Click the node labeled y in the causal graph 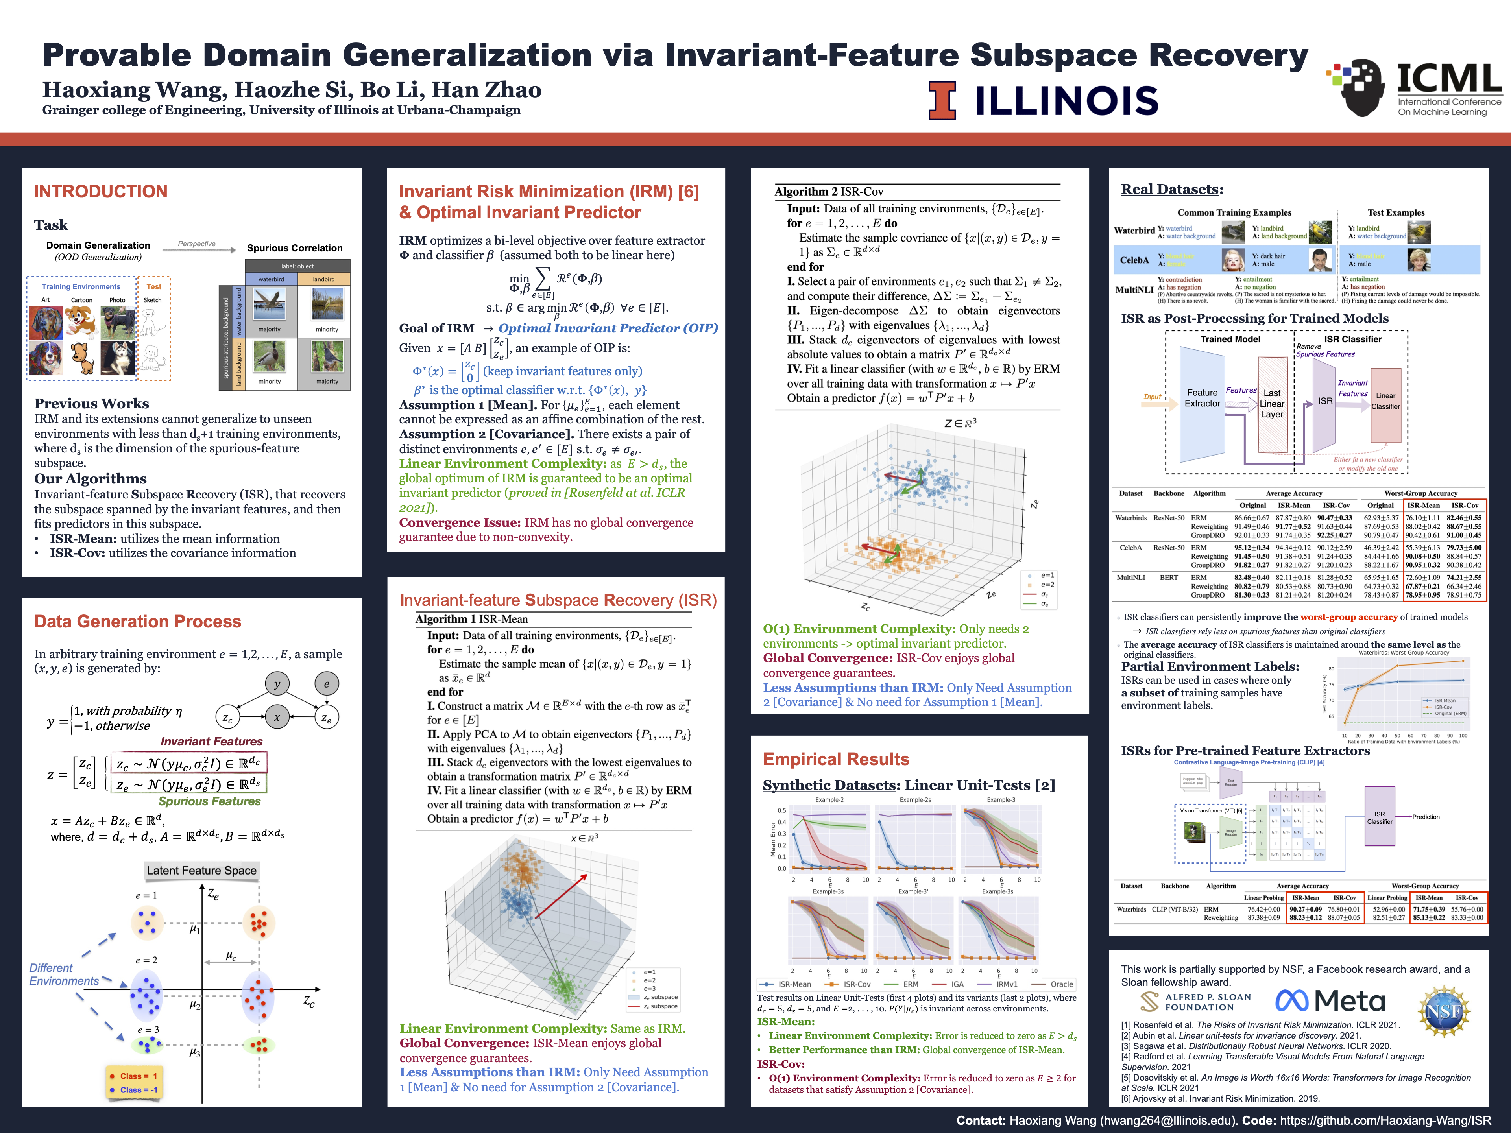click(277, 684)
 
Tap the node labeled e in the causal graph click(327, 684)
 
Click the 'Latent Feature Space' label click(201, 870)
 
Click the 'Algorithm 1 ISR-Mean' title click(471, 619)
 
